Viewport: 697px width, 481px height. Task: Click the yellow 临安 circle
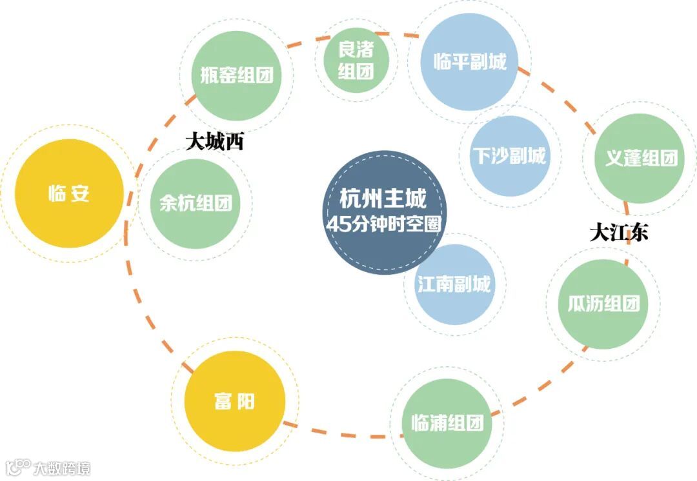coord(68,193)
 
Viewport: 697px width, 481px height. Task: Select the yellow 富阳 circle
coord(234,401)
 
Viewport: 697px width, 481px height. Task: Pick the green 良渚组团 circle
coord(356,59)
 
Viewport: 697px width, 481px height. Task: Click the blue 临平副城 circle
coord(469,62)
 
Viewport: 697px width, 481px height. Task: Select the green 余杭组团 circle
coord(195,204)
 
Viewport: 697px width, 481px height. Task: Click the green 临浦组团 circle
coord(447,423)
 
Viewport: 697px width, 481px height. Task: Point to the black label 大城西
coord(215,142)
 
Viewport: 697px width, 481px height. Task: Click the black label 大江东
coord(619,232)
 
